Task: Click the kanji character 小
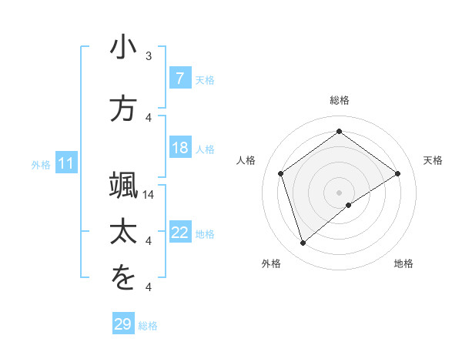[x=123, y=47]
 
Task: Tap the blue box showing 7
[x=179, y=79]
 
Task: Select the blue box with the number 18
[x=179, y=149]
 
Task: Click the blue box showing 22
[x=179, y=233]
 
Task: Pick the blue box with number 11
[x=66, y=163]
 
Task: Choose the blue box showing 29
[x=123, y=324]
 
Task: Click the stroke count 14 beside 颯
[x=149, y=195]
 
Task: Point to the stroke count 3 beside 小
[x=149, y=56]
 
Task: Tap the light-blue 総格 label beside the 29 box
[x=148, y=326]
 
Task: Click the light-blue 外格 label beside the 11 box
[x=41, y=164]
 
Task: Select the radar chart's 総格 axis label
[x=339, y=101]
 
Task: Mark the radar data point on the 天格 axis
[x=397, y=173]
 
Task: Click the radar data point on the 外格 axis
[x=303, y=243]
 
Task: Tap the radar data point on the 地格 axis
[x=349, y=205]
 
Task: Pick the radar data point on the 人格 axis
[x=281, y=173]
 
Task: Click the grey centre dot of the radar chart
[x=339, y=191]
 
